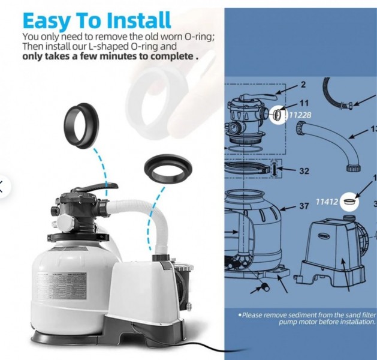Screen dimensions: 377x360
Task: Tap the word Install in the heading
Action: pos(138,20)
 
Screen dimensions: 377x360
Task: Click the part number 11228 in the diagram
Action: pos(300,115)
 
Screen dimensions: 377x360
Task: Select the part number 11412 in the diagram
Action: pos(327,202)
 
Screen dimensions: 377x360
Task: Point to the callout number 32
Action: pos(304,171)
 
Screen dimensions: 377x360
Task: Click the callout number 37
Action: pos(304,206)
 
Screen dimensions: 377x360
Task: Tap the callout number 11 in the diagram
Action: pos(304,103)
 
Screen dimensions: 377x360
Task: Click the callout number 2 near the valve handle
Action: pos(303,85)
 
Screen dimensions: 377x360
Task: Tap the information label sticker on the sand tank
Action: pos(62,286)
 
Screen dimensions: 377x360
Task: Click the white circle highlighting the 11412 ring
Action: pos(349,202)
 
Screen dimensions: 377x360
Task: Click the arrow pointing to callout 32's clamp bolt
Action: pos(286,170)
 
